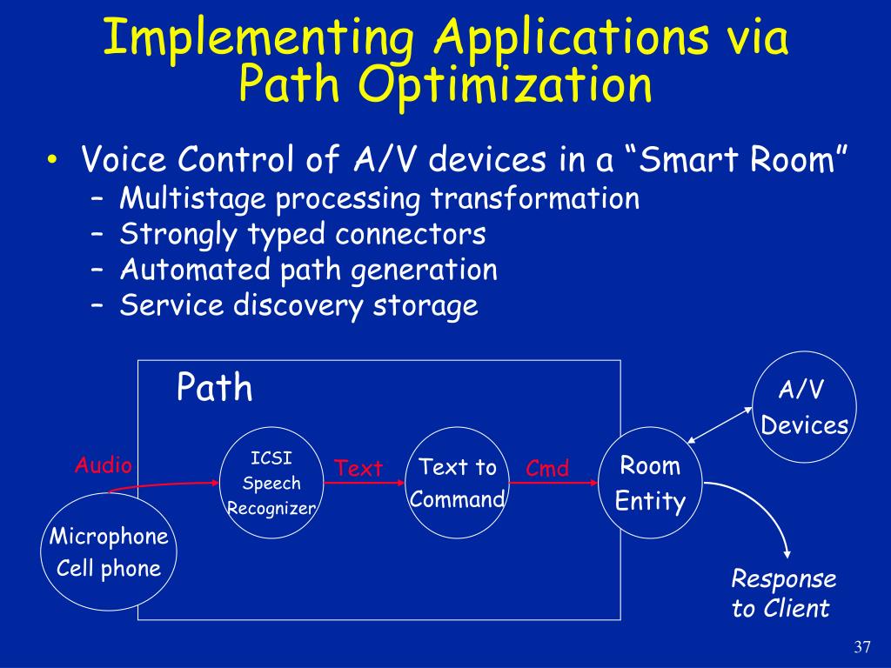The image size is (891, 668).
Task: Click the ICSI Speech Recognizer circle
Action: (271, 483)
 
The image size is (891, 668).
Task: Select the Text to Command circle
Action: (457, 483)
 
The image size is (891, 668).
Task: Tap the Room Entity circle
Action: (651, 483)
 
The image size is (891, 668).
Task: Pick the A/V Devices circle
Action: (804, 407)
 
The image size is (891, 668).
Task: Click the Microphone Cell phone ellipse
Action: (107, 551)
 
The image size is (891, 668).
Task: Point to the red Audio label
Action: (103, 465)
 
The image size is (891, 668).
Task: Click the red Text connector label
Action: (358, 469)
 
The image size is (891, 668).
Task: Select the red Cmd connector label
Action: (547, 469)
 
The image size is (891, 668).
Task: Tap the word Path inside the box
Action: (214, 388)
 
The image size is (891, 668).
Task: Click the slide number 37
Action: (862, 647)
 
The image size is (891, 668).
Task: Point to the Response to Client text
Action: (783, 593)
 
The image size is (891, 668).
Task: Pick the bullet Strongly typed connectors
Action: (303, 234)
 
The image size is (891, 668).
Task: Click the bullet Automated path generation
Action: (308, 270)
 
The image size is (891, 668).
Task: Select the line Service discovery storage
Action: (298, 305)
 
